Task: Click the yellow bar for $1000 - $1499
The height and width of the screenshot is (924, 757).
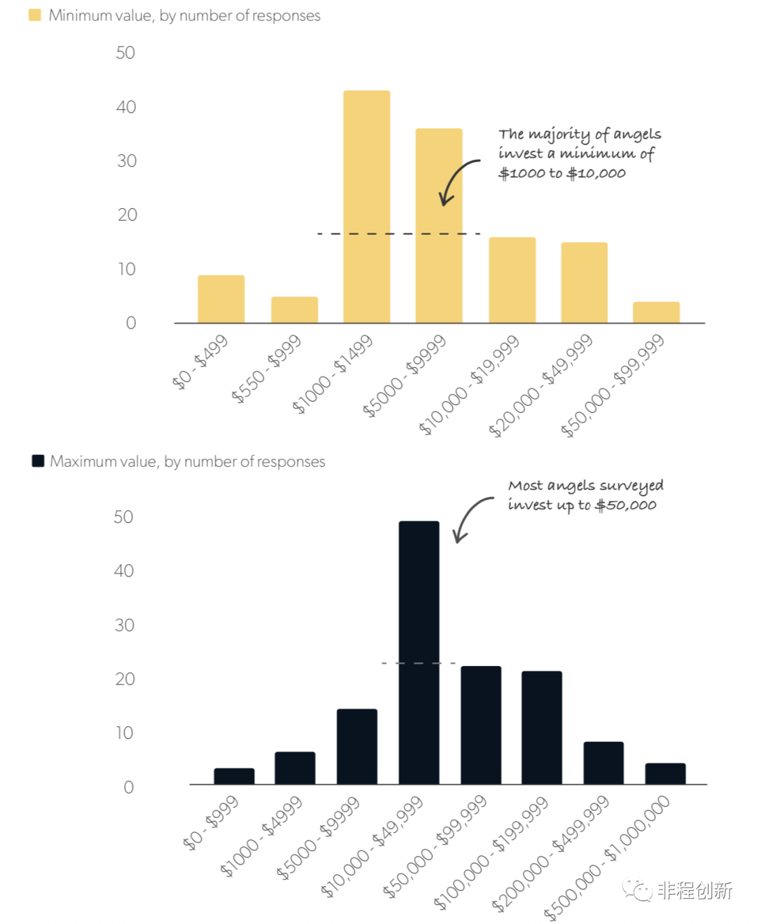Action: coord(367,207)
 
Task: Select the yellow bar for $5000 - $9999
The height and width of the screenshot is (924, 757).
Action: coord(439,226)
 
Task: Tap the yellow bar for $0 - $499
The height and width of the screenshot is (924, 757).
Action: coord(221,299)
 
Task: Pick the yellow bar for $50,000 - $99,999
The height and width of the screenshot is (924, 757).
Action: coord(656,313)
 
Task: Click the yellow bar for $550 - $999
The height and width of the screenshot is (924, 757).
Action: coord(294,310)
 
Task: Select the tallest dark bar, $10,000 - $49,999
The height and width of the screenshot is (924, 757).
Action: coord(419,652)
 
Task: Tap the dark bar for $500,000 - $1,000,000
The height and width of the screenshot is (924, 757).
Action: coord(665,773)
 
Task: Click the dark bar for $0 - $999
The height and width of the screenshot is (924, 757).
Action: coord(234,776)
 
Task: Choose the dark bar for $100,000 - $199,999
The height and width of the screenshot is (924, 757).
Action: coord(542,727)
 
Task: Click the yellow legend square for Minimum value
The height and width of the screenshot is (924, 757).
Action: coord(35,15)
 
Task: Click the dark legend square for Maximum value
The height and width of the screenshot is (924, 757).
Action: coord(39,461)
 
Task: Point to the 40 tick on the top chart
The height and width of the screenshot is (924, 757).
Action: coord(126,107)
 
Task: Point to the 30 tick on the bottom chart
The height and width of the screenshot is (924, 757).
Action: coord(124,625)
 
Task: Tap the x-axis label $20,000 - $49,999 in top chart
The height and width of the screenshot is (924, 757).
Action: coord(540,386)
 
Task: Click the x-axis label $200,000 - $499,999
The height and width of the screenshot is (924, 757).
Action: coord(550,853)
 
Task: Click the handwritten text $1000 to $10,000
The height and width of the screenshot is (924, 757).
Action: coord(561,173)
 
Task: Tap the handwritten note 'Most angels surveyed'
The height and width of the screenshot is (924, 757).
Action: coord(585,486)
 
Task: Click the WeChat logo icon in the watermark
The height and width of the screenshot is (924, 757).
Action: coord(637,890)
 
